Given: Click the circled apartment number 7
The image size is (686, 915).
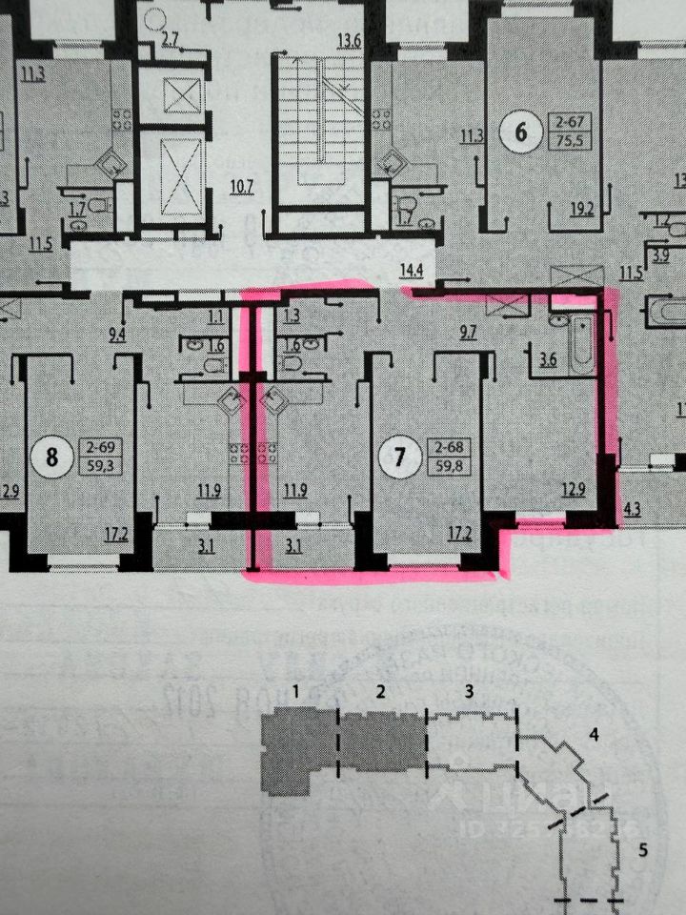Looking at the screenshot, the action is [x=399, y=457].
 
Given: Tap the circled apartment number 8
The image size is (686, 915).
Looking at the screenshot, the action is [x=51, y=456].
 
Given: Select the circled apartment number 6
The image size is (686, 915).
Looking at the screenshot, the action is [x=520, y=132].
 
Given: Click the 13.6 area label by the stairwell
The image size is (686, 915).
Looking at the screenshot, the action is [x=349, y=41].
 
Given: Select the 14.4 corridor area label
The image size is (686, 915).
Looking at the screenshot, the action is [x=412, y=271].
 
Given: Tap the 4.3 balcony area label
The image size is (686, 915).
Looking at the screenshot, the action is [x=634, y=508].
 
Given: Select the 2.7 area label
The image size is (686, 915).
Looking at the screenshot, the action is [x=170, y=39].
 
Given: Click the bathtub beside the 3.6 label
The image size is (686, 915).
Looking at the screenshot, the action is [x=581, y=338].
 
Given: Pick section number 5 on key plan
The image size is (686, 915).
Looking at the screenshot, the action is [x=642, y=850].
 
